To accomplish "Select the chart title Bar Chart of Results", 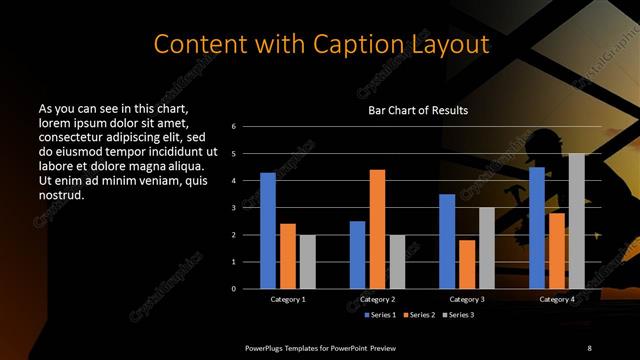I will point(418,110).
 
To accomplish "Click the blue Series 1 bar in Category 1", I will point(268,230).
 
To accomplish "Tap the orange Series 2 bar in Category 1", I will point(287,256).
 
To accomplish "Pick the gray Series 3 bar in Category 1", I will point(307,261).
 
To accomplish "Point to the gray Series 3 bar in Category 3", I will point(486,248).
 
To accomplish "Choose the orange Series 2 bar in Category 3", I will point(466,264).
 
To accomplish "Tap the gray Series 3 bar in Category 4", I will point(576,221).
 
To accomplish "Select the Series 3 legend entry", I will point(458,315).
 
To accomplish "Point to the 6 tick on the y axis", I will point(233,127).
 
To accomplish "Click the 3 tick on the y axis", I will point(233,208).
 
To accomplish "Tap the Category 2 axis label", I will point(377,299).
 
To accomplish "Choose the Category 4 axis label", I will point(556,299).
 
